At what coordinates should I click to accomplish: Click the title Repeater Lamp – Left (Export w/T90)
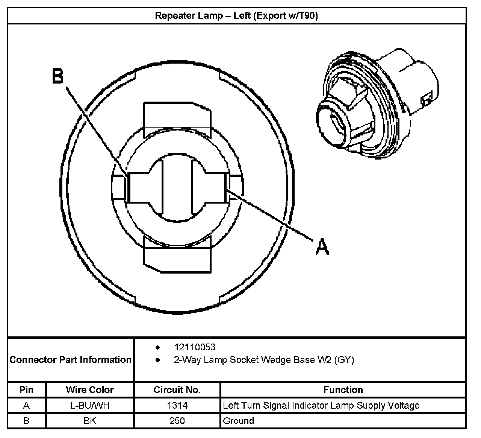pyautogui.click(x=236, y=16)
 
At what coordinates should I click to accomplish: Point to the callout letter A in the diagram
pyautogui.click(x=322, y=247)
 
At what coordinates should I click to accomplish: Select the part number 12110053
pyautogui.click(x=195, y=347)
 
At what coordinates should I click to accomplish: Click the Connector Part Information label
pyautogui.click(x=71, y=360)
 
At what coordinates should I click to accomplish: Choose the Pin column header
pyautogui.click(x=26, y=390)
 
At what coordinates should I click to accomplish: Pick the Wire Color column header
pyautogui.click(x=89, y=390)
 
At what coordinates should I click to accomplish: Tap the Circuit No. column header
pyautogui.click(x=177, y=390)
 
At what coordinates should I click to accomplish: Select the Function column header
pyautogui.click(x=343, y=390)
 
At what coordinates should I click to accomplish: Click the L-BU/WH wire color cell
pyautogui.click(x=89, y=406)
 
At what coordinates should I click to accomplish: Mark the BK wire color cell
pyautogui.click(x=89, y=421)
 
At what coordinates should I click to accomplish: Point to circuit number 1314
pyautogui.click(x=177, y=406)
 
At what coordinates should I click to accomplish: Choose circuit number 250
pyautogui.click(x=177, y=421)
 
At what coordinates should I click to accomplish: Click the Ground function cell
pyautogui.click(x=238, y=421)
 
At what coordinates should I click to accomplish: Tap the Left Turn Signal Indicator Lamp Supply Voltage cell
pyautogui.click(x=321, y=406)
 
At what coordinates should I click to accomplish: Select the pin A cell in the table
pyautogui.click(x=26, y=406)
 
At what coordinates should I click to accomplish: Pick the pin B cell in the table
pyautogui.click(x=26, y=421)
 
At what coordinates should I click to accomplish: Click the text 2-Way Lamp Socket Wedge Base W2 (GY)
pyautogui.click(x=264, y=360)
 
